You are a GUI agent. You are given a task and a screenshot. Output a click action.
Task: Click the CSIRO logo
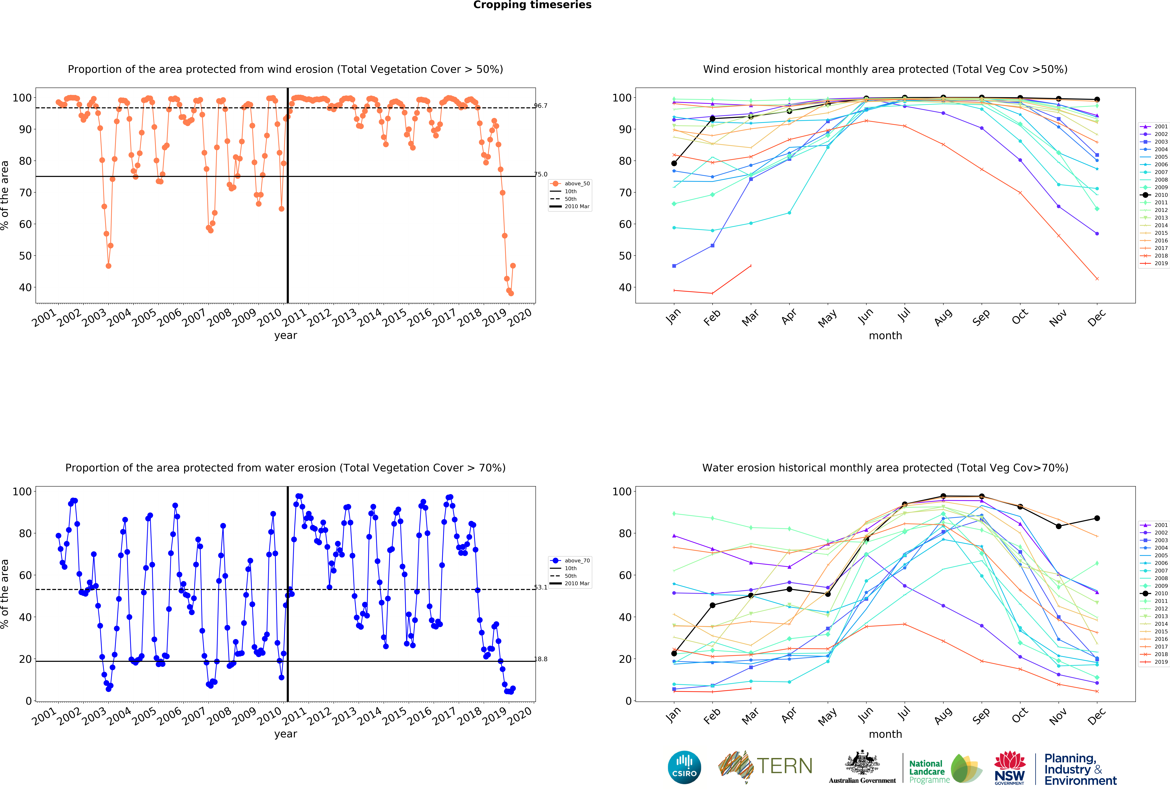coord(684,767)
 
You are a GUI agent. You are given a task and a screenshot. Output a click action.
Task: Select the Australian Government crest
coord(862,762)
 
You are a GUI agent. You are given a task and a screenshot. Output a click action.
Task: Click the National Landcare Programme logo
coord(945,768)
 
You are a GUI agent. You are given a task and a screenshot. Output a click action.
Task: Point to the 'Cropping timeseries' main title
coord(532,5)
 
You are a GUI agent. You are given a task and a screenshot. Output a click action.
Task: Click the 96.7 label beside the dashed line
coord(541,106)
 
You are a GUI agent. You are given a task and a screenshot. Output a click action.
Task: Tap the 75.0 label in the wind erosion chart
coord(541,174)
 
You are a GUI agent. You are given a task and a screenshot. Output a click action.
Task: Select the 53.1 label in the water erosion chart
coord(541,587)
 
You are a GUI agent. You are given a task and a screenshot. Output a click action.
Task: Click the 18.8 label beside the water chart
coord(541,659)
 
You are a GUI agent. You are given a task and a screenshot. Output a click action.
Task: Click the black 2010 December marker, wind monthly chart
coord(1097,100)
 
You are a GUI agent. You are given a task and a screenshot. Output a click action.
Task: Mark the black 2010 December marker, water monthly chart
coord(1097,518)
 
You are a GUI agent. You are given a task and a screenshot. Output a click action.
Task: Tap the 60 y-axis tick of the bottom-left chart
coord(25,575)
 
